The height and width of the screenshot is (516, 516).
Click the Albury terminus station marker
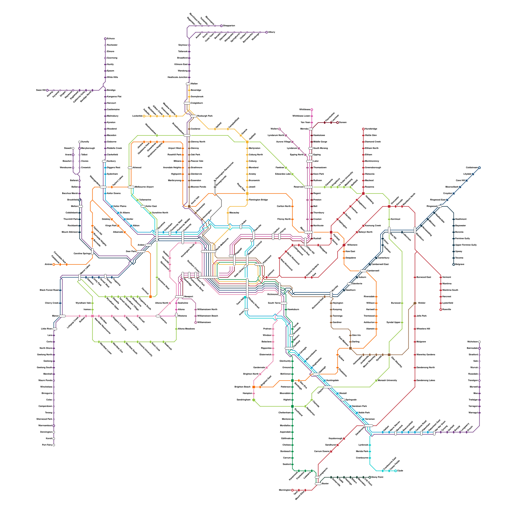267,32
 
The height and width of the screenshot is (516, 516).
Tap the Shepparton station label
229,26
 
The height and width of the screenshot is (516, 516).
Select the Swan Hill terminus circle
47,90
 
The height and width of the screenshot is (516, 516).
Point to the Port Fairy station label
47,445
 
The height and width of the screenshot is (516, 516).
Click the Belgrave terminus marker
454,264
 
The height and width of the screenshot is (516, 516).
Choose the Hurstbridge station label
371,129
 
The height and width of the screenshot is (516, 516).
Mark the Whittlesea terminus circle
312,110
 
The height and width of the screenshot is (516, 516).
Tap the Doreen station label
342,123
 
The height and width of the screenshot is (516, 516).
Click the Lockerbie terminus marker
144,116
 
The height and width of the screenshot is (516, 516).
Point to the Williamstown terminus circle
196,322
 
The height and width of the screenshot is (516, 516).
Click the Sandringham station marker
254,400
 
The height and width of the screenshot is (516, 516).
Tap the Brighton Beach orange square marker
254,387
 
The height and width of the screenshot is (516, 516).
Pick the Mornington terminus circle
293,490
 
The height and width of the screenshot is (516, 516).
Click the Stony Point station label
377,477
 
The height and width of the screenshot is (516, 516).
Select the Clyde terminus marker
396,471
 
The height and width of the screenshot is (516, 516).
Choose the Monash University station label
387,381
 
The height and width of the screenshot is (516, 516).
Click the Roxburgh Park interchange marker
193,116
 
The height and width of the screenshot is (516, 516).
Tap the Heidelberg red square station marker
363,193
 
